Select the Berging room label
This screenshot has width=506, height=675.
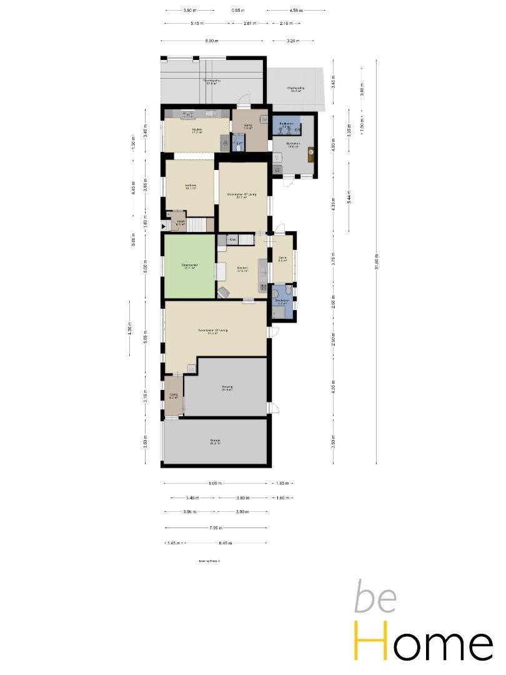click(x=227, y=388)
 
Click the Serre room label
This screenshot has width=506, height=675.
click(x=282, y=258)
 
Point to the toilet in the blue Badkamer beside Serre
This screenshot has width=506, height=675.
click(x=275, y=292)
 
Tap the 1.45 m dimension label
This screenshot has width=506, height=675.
click(x=173, y=543)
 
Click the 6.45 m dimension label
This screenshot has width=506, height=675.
click(x=225, y=543)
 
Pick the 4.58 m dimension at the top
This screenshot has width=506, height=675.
click(x=296, y=11)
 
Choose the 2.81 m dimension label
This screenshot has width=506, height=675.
click(x=248, y=24)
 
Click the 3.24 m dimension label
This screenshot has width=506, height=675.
click(x=292, y=41)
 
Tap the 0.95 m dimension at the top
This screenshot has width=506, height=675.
click(x=237, y=11)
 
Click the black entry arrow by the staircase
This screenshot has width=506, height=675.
click(x=164, y=226)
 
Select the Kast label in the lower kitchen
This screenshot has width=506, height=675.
click(x=232, y=240)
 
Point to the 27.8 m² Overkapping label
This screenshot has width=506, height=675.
click(x=211, y=82)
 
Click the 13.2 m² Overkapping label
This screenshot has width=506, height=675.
click(x=296, y=89)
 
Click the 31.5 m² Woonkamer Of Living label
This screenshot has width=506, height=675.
click(x=212, y=331)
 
